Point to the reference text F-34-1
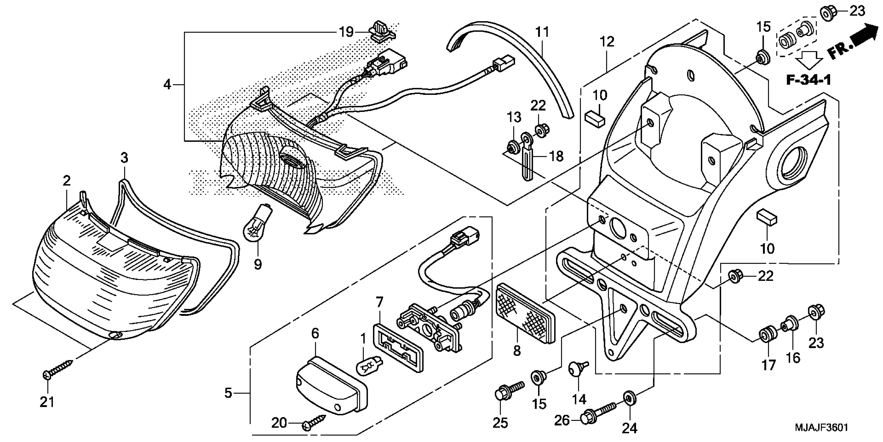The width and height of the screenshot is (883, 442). click(x=808, y=80)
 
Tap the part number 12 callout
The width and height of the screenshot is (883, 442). click(x=607, y=42)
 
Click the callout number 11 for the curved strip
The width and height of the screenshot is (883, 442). click(x=542, y=32)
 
